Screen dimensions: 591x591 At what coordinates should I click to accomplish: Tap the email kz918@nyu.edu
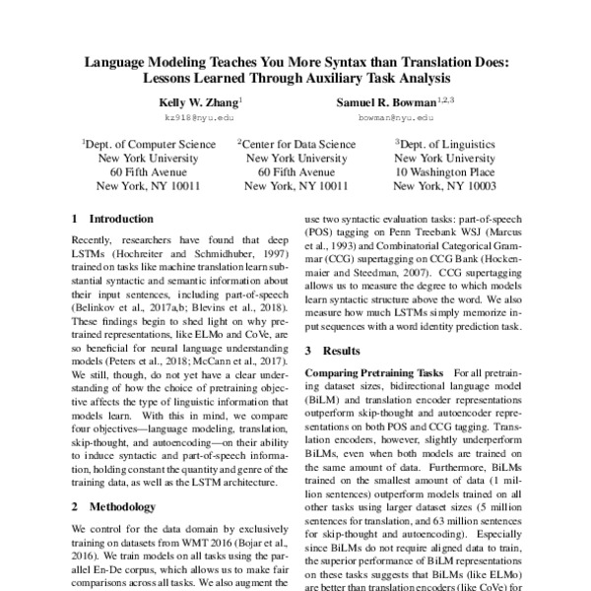[199, 117]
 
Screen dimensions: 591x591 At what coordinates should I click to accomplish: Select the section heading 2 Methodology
[114, 506]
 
